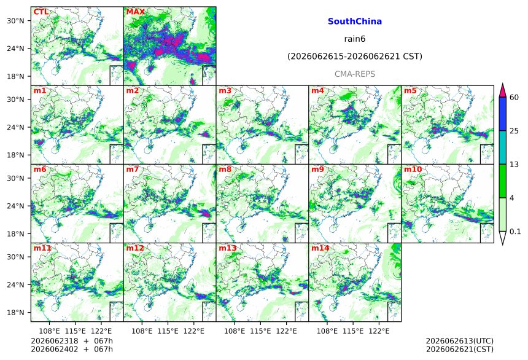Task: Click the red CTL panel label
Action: [x=41, y=12]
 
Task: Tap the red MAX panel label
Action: [x=135, y=12]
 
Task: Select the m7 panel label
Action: [x=133, y=169]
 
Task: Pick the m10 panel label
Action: [x=413, y=169]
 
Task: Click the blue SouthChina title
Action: [x=355, y=22]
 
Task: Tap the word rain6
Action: [x=355, y=39]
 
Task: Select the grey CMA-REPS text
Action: [x=355, y=74]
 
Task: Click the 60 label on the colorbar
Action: [x=514, y=98]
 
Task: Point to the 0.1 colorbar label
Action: [x=515, y=232]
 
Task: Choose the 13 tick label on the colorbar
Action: [x=514, y=165]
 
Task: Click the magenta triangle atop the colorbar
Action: [x=503, y=90]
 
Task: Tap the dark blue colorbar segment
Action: [x=503, y=114]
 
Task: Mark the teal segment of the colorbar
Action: [x=503, y=147]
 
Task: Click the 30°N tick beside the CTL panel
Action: [x=15, y=21]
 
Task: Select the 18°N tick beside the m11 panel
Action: [x=15, y=313]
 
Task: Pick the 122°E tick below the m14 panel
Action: [x=379, y=331]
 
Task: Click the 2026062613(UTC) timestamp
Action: [x=460, y=341]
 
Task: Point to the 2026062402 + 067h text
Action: [x=72, y=349]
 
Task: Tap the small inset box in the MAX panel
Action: [x=209, y=76]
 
